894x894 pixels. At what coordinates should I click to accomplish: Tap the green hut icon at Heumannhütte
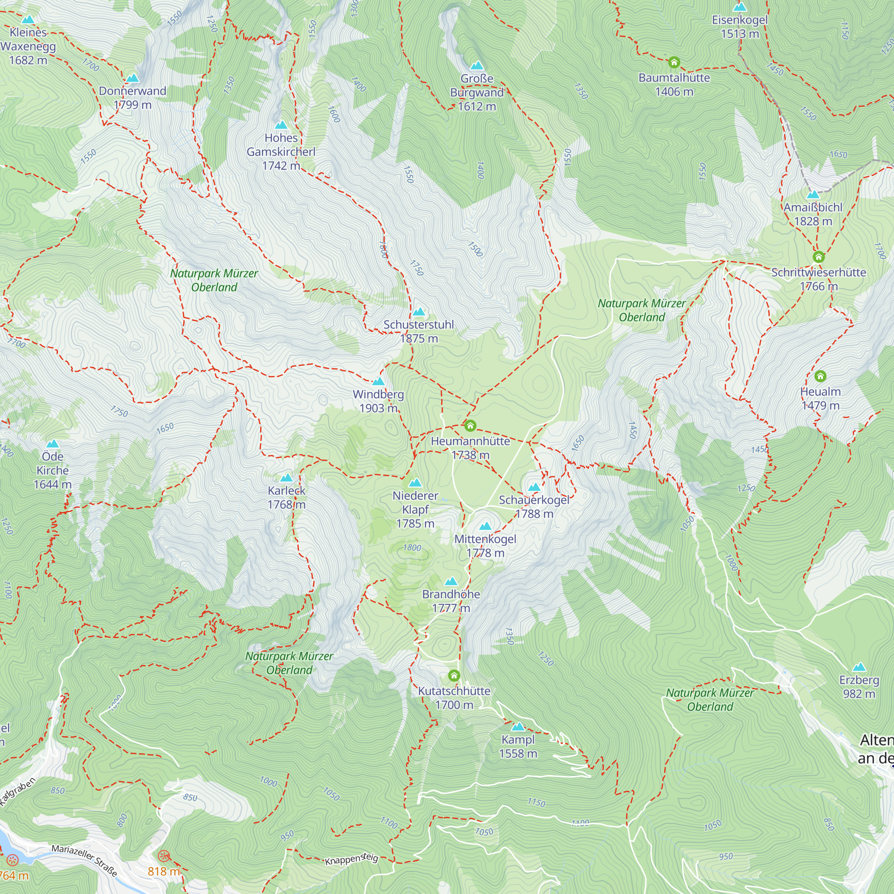pyautogui.click(x=470, y=425)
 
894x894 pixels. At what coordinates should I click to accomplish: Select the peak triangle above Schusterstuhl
pyautogui.click(x=419, y=312)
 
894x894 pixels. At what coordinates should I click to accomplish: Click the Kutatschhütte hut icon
pyautogui.click(x=454, y=675)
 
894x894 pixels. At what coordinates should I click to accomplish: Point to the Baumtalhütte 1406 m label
pyautogui.click(x=674, y=84)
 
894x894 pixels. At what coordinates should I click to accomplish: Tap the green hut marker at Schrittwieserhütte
pyautogui.click(x=818, y=257)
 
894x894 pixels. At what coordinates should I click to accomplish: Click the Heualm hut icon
pyautogui.click(x=820, y=376)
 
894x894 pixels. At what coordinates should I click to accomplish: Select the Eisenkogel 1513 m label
pyautogui.click(x=739, y=26)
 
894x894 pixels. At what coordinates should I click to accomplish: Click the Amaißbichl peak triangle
pyautogui.click(x=813, y=194)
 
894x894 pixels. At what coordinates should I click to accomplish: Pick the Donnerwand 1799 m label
pyautogui.click(x=132, y=97)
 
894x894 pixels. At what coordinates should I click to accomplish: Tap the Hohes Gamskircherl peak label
pyautogui.click(x=281, y=152)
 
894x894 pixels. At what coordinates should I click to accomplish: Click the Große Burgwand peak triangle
pyautogui.click(x=477, y=66)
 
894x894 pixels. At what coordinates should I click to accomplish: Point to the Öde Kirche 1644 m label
pyautogui.click(x=52, y=470)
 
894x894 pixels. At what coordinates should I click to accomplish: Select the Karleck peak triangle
pyautogui.click(x=287, y=477)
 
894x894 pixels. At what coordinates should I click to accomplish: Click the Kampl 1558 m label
pyautogui.click(x=518, y=746)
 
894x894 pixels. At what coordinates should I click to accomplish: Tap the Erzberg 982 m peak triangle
pyautogui.click(x=859, y=667)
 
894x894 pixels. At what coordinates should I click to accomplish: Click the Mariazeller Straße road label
pyautogui.click(x=84, y=860)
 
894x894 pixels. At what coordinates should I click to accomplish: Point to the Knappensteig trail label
pyautogui.click(x=351, y=859)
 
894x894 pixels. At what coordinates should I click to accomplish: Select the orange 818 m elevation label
pyautogui.click(x=163, y=871)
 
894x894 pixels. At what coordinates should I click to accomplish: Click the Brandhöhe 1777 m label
pyautogui.click(x=451, y=601)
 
